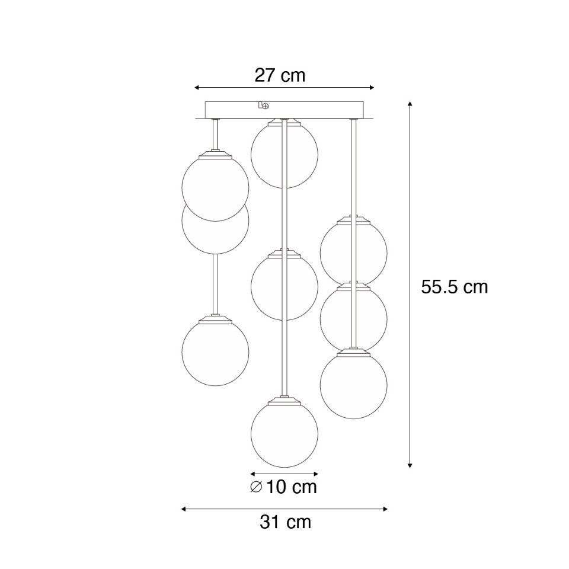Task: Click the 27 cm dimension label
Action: (280, 75)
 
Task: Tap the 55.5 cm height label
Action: (455, 287)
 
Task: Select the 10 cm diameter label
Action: (292, 487)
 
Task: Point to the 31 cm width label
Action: (285, 522)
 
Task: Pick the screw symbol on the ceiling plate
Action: (266, 106)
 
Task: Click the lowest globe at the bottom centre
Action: (284, 434)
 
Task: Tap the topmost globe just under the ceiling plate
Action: (284, 154)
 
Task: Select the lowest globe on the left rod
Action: (215, 352)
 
